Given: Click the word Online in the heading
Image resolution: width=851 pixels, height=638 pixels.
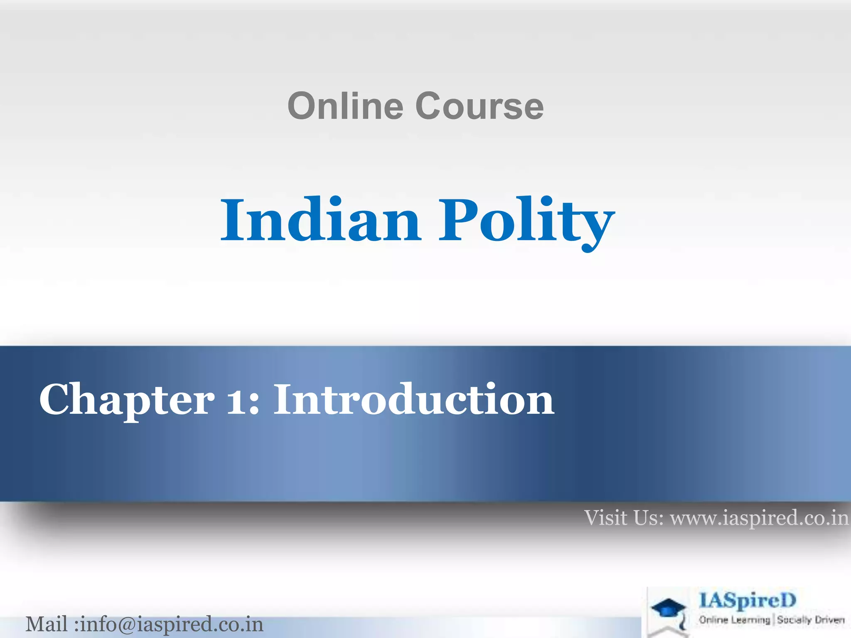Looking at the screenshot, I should pyautogui.click(x=345, y=106).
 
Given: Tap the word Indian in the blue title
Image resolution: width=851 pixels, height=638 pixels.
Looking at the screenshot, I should pyautogui.click(x=320, y=220).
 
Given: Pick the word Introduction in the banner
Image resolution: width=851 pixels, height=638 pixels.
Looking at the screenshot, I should pyautogui.click(x=413, y=400).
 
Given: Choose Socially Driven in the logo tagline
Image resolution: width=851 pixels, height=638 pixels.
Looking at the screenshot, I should pyautogui.click(x=811, y=620).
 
